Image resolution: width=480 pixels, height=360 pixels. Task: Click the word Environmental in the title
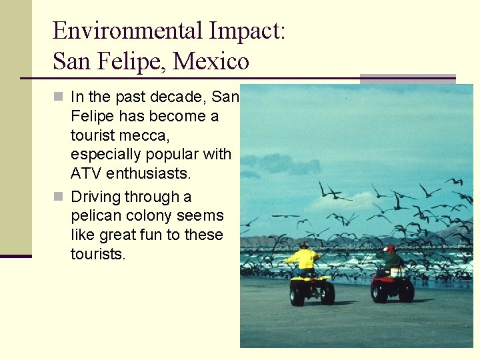tap(127, 31)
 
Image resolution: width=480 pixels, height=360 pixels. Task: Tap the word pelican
tap(95, 216)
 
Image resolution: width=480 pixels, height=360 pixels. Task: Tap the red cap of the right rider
tap(390, 249)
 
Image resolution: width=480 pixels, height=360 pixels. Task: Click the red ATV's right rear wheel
tap(406, 290)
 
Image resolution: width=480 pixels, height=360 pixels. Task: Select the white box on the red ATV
tap(397, 272)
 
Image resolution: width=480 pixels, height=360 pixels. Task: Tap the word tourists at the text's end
tap(98, 254)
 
